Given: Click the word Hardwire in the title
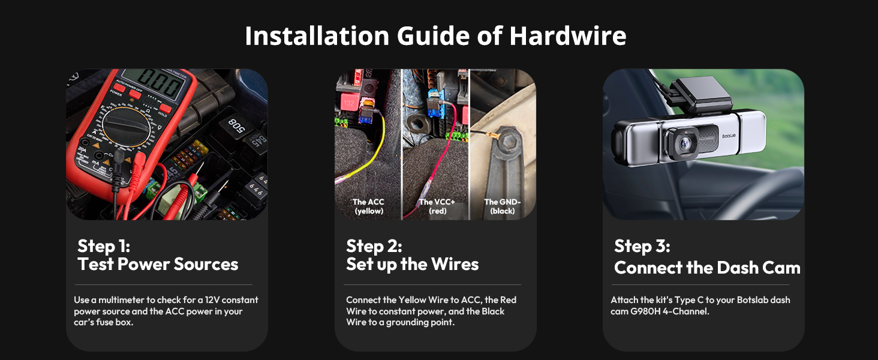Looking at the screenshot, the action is [x=567, y=36].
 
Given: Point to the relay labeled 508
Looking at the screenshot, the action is [x=236, y=125].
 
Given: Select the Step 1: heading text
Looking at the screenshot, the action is [x=104, y=246].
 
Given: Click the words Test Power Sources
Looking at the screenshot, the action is [x=158, y=265].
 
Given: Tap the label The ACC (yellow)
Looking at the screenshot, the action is [x=368, y=206].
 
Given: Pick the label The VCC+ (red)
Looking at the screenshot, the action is [x=437, y=206].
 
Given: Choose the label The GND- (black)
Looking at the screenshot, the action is [x=503, y=206].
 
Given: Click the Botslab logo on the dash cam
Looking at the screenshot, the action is [x=729, y=136].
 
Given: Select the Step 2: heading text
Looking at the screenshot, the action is [x=374, y=246].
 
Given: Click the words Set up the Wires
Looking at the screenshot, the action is [x=413, y=265].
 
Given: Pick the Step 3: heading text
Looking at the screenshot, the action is [x=642, y=246].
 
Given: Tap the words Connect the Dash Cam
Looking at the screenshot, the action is [x=707, y=268].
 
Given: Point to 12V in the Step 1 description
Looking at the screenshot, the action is [x=212, y=300].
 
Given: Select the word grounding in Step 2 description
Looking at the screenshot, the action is [x=408, y=322].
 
